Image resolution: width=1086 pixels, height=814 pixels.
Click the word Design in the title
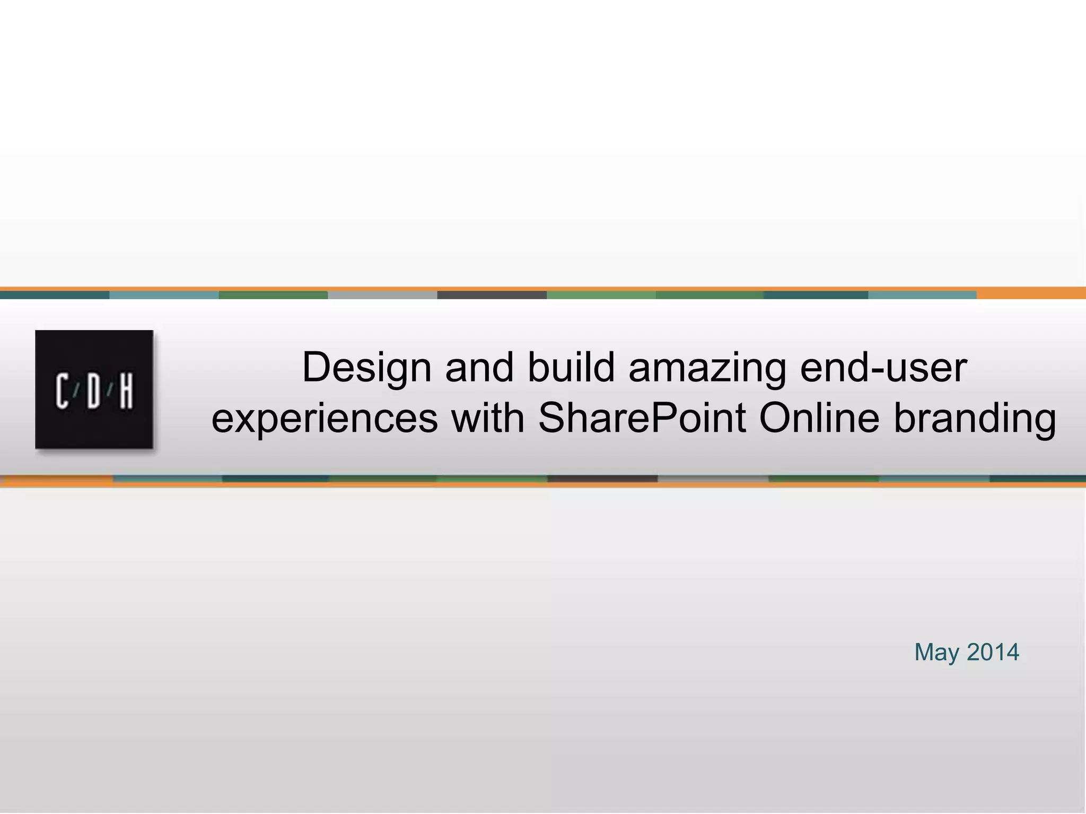pyautogui.click(x=366, y=367)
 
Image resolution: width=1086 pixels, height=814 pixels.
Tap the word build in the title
pyautogui.click(x=571, y=367)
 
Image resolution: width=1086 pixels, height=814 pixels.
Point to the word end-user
pyautogui.click(x=883, y=367)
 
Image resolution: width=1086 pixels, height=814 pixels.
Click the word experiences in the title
pyautogui.click(x=325, y=419)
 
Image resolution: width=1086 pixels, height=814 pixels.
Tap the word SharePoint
pyautogui.click(x=642, y=419)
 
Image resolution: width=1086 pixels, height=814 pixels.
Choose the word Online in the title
pyautogui.click(x=819, y=418)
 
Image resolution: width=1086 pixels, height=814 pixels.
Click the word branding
pyautogui.click(x=975, y=419)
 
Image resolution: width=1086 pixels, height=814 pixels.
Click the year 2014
pyautogui.click(x=993, y=652)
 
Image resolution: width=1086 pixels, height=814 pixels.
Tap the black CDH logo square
pyautogui.click(x=94, y=390)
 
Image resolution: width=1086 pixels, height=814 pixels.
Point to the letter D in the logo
pyautogui.click(x=93, y=391)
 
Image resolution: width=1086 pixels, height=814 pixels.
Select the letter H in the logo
pyautogui.click(x=126, y=391)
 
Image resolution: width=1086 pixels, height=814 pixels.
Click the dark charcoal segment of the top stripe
pyautogui.click(x=492, y=295)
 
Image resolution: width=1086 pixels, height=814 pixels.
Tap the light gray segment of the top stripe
pyautogui.click(x=382, y=295)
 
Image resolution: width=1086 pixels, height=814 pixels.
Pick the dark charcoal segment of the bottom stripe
pyautogui.click(x=602, y=479)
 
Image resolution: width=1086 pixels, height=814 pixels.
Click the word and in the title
pyautogui.click(x=479, y=367)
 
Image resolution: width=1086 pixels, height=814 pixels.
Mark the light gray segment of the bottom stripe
pyautogui.click(x=713, y=479)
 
